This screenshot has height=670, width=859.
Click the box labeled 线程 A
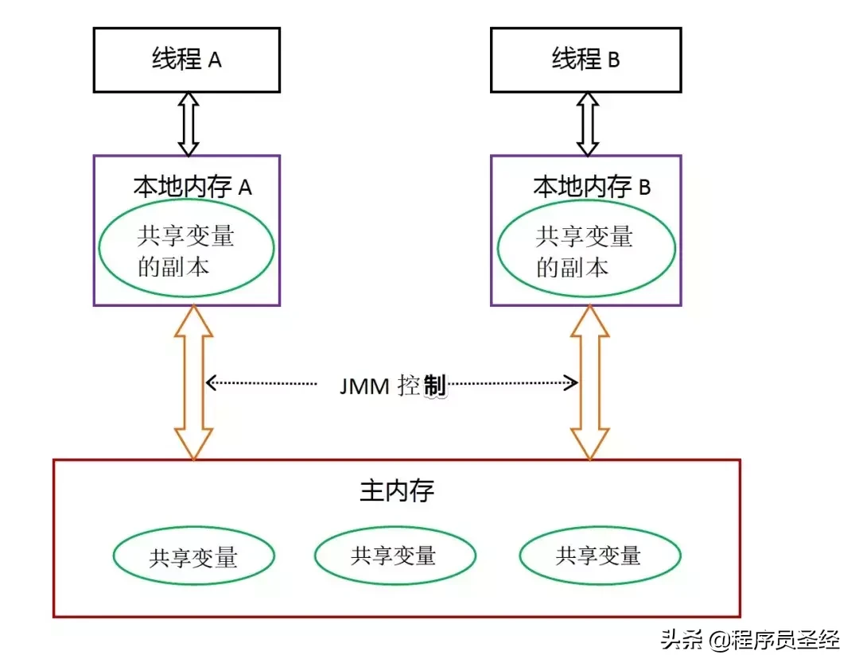187,60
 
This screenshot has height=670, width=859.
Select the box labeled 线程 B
586,60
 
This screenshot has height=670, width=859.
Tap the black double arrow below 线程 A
188,123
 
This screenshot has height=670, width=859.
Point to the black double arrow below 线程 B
587,123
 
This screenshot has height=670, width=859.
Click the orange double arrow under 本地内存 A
194,382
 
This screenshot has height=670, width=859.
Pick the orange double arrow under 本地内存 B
589,382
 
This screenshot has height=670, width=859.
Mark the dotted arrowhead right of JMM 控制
572,383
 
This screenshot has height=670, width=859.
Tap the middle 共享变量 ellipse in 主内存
395,555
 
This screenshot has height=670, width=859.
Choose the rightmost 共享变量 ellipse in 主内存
599,555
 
